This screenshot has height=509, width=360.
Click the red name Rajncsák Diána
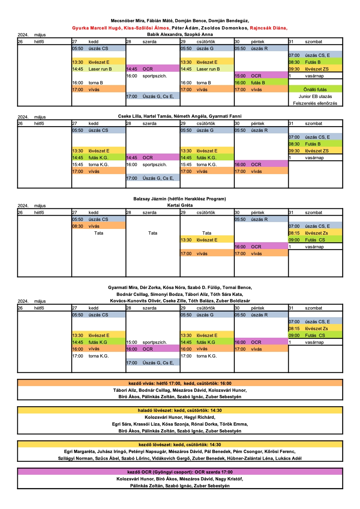coord(268,28)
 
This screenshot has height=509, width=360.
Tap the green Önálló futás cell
coord(315,89)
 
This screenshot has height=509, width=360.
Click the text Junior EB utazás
coord(315,96)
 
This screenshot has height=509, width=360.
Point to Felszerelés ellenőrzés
coord(315,103)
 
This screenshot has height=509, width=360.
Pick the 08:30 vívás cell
coord(99,226)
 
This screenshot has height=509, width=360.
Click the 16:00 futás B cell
coord(261,83)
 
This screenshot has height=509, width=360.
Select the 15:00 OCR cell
coord(261,76)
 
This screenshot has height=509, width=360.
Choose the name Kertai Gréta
coord(180,205)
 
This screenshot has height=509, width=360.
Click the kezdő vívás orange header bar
coord(180,383)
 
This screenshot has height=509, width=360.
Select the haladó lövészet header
coord(180,411)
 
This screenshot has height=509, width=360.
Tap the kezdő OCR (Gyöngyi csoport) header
coord(180,472)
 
